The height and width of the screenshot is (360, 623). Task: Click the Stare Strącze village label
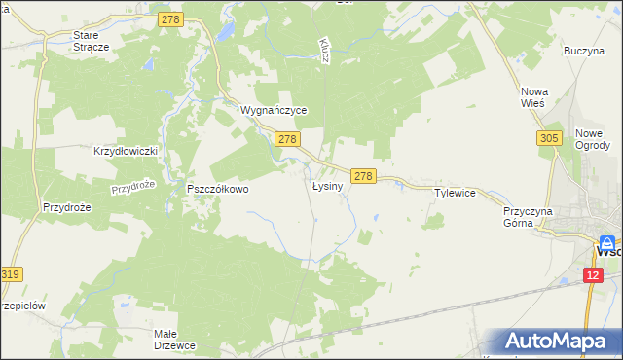coord(92,40)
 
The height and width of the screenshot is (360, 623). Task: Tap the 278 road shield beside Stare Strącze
coord(171,18)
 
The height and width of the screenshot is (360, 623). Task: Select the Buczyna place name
coord(584,50)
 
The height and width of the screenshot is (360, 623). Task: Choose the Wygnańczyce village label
coord(274,111)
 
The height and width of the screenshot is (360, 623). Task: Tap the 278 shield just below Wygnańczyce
coord(286,140)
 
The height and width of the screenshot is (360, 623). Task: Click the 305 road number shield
coord(548,140)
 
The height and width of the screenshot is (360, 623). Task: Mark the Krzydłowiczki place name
coord(126,152)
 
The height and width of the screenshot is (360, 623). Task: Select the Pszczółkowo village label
coord(218,189)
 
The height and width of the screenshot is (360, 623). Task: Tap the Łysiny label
coord(327,186)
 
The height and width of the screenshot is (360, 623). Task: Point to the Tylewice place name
coord(455,193)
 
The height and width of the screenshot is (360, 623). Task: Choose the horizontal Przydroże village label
coord(66,207)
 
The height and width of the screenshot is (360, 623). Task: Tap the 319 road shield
coord(11,275)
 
